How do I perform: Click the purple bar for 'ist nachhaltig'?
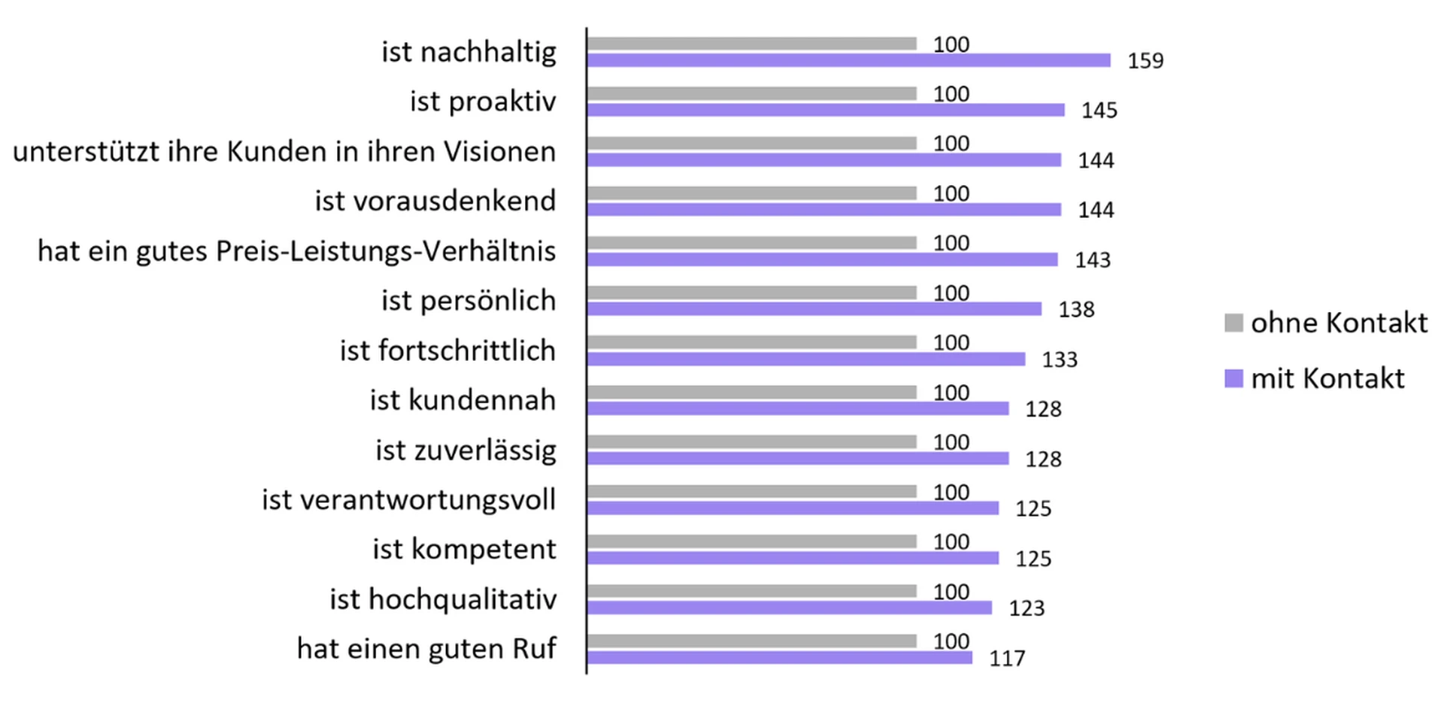coord(848,60)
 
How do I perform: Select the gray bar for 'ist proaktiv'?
coord(752,93)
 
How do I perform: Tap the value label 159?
coord(1145,61)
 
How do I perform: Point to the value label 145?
coord(1100,111)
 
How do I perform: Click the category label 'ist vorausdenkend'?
coord(435,201)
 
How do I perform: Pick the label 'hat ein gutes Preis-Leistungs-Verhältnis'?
coord(297,251)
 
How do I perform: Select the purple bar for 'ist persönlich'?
coord(814,309)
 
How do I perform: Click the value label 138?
coord(1076,310)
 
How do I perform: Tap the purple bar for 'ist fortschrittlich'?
coord(805,359)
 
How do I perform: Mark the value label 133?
coord(1060,359)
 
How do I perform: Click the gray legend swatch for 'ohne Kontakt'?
coord(1233,323)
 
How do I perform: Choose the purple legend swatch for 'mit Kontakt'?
coord(1233,378)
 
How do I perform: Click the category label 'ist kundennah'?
coord(463,401)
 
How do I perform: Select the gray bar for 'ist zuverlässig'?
coord(752,442)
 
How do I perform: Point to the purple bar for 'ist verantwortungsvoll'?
coord(793,508)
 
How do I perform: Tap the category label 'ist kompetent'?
coord(464,550)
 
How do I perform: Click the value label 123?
coord(1027,608)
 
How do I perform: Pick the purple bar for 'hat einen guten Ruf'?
coord(779,658)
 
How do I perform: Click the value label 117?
coord(1007,659)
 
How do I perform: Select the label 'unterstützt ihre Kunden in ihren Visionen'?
coord(284,152)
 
